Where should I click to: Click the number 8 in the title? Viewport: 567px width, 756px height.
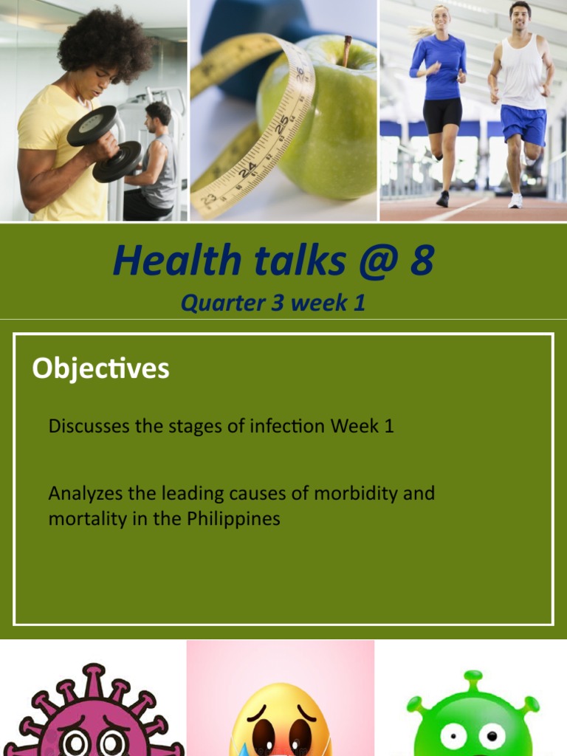coord(422,261)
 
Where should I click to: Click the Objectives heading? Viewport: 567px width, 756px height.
coord(100,368)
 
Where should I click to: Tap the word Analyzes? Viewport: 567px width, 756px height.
coord(82,492)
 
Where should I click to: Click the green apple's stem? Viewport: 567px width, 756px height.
coord(346,51)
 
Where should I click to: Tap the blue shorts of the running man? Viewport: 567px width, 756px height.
coord(523,124)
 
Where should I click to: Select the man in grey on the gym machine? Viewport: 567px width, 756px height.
coord(157,162)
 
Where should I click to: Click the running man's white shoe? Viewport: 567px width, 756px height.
coord(515,201)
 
